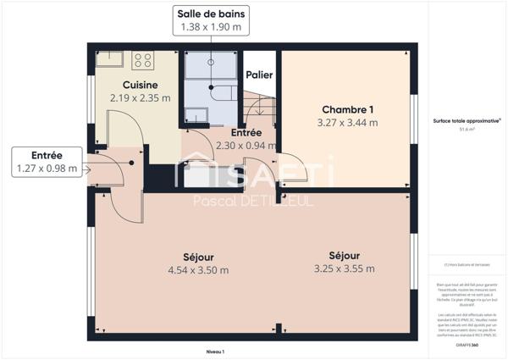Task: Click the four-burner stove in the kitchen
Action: pyautogui.click(x=142, y=60)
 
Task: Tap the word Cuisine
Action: pyautogui.click(x=140, y=85)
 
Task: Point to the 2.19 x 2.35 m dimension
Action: pyautogui.click(x=140, y=97)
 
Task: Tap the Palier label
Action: pyautogui.click(x=259, y=75)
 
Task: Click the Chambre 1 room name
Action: pyautogui.click(x=347, y=109)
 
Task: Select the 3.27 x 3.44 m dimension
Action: pyautogui.click(x=347, y=122)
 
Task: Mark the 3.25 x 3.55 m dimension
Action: pyautogui.click(x=345, y=269)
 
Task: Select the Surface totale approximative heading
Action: pyautogui.click(x=467, y=121)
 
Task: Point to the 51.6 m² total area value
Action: pyautogui.click(x=467, y=130)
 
